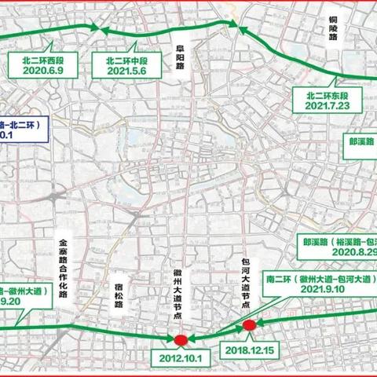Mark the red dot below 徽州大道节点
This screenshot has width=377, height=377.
point(181,340)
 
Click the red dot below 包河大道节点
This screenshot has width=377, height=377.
point(250,324)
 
